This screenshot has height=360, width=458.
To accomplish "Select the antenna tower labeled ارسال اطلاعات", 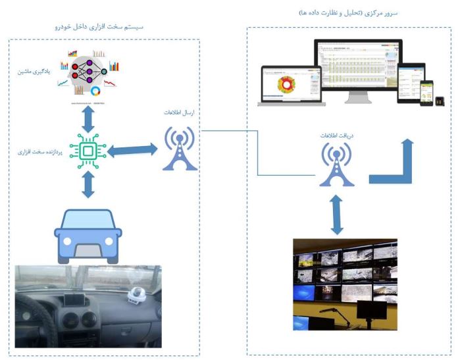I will pos(180,149).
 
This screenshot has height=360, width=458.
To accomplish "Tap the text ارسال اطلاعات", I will pos(180,113).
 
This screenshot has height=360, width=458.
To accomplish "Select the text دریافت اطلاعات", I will pos(334,134).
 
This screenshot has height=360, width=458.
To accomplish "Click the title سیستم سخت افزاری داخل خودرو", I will pos(103,27).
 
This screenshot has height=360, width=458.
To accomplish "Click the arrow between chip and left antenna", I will pos(133,151).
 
